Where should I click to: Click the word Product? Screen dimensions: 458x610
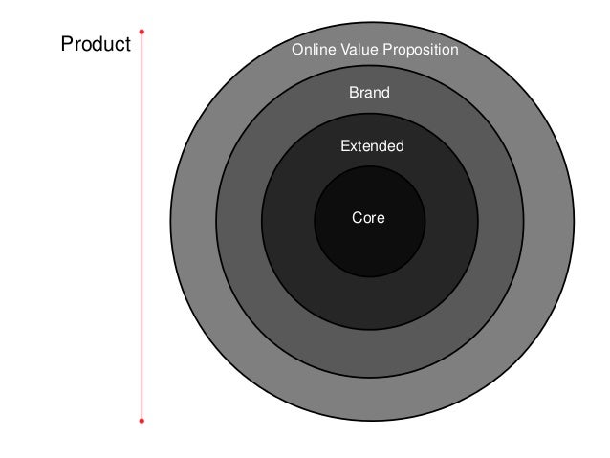coord(96,44)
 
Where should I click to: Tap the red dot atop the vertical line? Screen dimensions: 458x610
coord(142,31)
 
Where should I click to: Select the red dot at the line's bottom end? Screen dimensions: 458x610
coord(142,420)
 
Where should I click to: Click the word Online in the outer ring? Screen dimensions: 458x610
coord(312,49)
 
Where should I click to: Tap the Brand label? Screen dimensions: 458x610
coord(369,94)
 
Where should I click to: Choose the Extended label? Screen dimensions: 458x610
coord(372,146)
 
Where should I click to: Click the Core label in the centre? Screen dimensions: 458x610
coord(368,218)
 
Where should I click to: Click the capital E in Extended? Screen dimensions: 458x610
coord(344,146)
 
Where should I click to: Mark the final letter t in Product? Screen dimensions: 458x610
coord(127,44)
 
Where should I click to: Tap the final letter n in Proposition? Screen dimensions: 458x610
coord(455,50)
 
